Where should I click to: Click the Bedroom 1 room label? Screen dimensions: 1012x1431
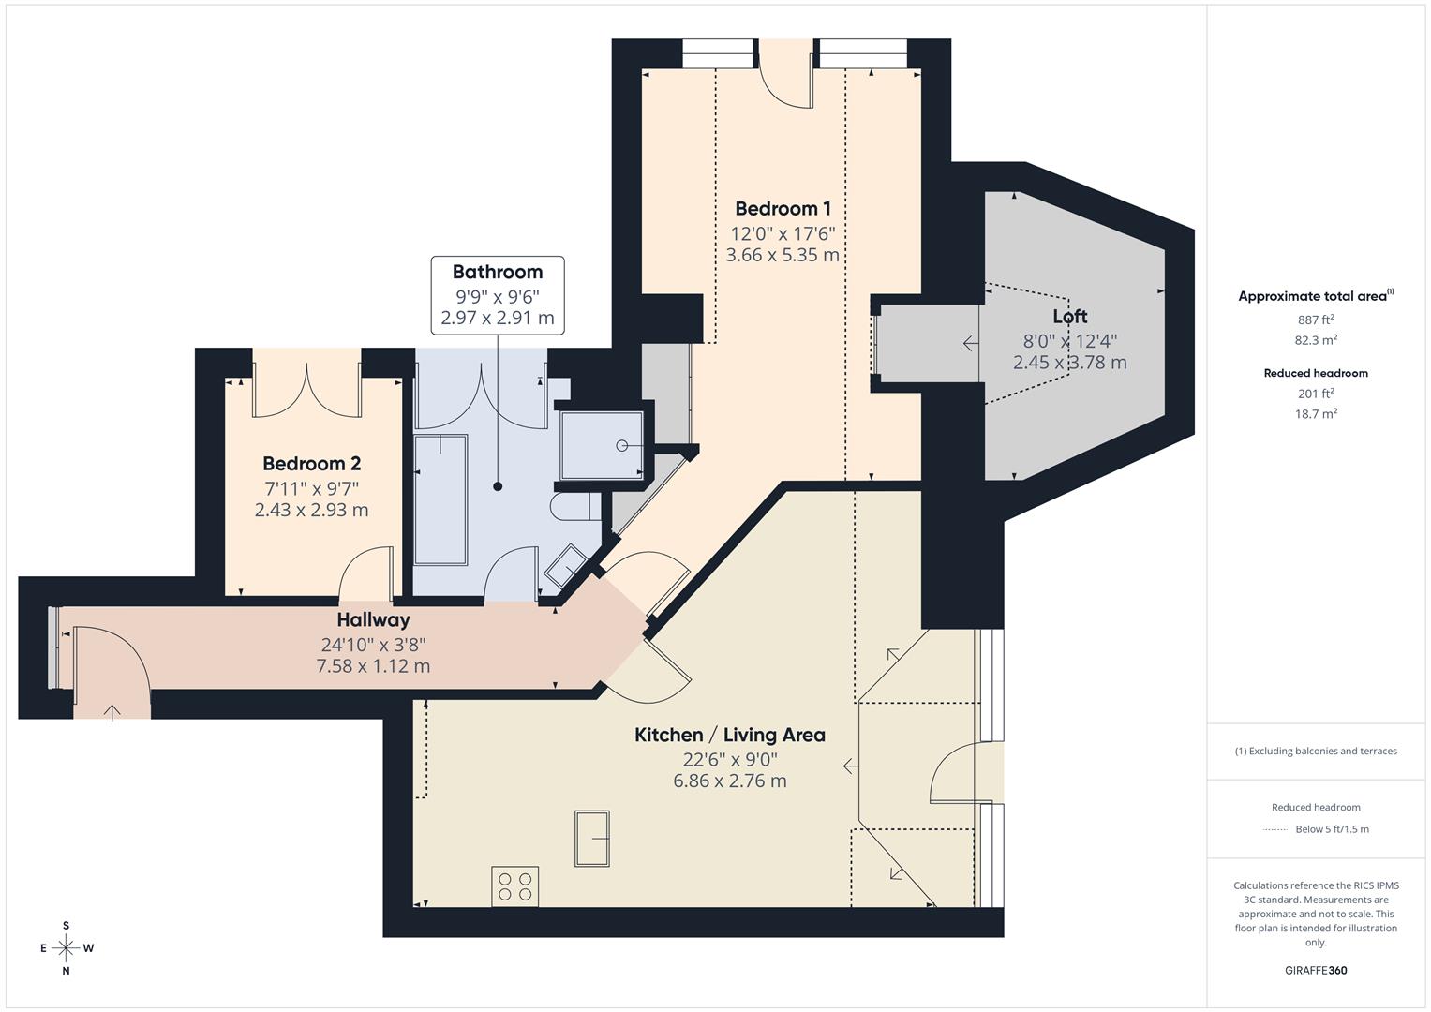pos(783,209)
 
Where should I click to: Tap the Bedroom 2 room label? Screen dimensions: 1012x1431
pos(311,464)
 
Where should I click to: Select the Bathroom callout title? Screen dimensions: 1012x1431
pos(498,273)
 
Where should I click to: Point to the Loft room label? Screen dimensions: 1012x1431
pos(1069,317)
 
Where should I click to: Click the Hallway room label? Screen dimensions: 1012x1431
pos(373,620)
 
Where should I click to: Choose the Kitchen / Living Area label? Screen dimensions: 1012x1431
pos(730,736)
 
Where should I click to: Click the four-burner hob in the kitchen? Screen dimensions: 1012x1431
pos(514,886)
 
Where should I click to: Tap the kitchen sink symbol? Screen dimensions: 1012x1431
pos(592,839)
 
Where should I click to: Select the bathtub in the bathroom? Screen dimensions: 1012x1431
pos(440,499)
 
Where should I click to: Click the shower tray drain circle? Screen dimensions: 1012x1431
pos(622,446)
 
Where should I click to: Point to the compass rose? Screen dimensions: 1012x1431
pos(66,948)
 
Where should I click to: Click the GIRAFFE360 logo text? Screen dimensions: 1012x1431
pos(1316,971)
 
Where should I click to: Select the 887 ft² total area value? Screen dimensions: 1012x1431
pos(1316,320)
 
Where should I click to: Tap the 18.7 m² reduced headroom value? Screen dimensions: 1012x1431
pos(1316,414)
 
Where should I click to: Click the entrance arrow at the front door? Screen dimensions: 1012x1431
pos(112,712)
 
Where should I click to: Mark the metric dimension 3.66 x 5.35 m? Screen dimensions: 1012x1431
pos(783,255)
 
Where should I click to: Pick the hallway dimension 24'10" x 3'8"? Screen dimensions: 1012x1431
pos(373,645)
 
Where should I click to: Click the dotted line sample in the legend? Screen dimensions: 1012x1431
pos(1275,829)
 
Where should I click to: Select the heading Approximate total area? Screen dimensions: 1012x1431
pos(1313,296)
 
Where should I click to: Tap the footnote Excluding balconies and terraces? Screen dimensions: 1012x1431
pos(1316,752)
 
